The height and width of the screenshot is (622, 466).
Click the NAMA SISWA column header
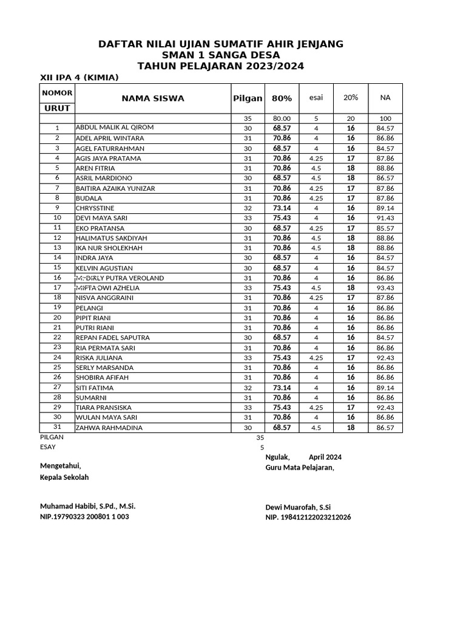[x=152, y=98]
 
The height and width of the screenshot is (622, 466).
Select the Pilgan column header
[x=248, y=98]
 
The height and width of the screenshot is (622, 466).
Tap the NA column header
[x=385, y=98]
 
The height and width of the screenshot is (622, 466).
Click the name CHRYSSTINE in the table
[x=95, y=208]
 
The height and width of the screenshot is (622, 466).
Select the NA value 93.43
[x=385, y=288]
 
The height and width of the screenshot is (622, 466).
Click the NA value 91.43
[x=385, y=218]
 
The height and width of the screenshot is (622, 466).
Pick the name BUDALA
[x=89, y=198]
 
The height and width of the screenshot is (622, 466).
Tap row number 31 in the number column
[x=57, y=427]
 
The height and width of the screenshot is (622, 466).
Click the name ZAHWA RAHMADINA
[x=109, y=428]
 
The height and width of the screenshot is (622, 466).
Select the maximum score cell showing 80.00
[x=282, y=118]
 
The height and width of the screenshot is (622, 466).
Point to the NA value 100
[x=385, y=118]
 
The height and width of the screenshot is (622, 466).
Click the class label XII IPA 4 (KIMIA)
[x=79, y=78]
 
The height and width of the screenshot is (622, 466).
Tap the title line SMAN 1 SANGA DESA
[x=221, y=55]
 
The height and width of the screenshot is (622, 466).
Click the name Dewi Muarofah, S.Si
[x=297, y=507]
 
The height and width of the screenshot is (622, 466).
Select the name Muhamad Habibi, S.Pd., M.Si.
[x=87, y=506]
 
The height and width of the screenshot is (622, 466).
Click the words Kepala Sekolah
[x=64, y=477]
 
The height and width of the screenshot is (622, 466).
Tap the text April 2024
[x=325, y=457]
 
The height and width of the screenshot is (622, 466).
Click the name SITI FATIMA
[x=95, y=388]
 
